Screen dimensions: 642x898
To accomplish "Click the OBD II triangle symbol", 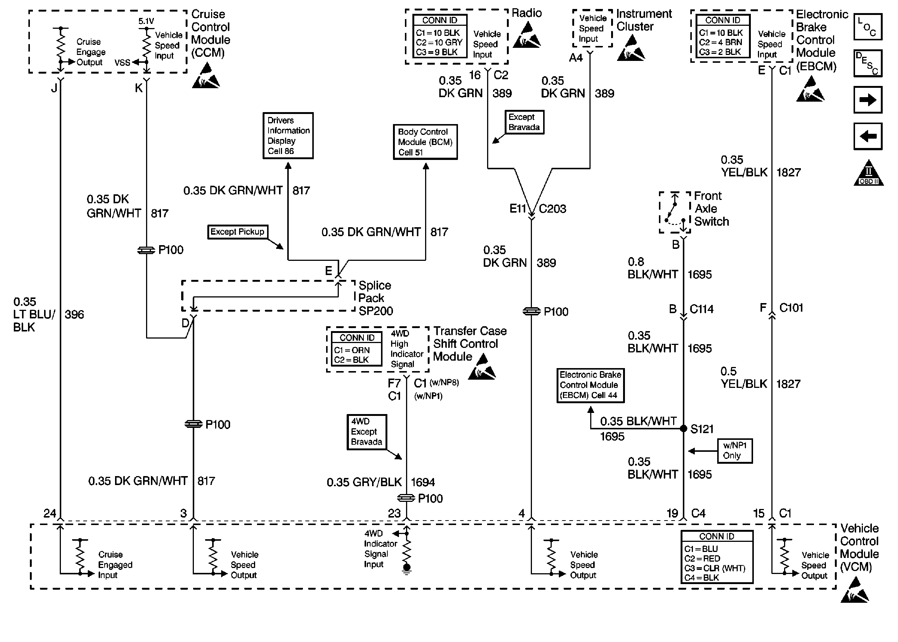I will [x=868, y=173].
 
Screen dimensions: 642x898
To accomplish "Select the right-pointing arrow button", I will [x=868, y=100].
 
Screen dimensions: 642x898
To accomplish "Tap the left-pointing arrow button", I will [x=868, y=136].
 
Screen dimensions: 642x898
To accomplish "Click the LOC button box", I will [x=868, y=27].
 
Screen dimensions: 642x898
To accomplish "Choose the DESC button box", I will [x=868, y=63].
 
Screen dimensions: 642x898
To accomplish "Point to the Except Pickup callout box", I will [x=238, y=232].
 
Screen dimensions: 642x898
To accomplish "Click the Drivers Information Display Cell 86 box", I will [x=288, y=136].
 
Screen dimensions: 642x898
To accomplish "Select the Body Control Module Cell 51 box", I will [x=425, y=142].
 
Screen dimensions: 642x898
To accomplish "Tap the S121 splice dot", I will [x=684, y=429].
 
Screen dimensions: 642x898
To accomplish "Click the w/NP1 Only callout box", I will [x=735, y=451].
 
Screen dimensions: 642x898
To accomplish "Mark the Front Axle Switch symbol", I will [x=675, y=213].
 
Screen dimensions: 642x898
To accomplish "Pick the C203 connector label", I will [x=552, y=209].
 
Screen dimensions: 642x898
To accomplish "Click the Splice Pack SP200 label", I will [x=375, y=298].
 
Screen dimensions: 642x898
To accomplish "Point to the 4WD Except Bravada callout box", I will [x=366, y=432].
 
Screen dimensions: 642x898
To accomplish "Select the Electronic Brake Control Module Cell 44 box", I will [x=590, y=385].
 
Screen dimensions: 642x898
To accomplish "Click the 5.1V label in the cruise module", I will [x=146, y=21].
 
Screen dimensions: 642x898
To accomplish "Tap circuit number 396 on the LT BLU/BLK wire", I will [x=74, y=315].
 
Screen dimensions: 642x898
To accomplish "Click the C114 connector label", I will [x=701, y=309].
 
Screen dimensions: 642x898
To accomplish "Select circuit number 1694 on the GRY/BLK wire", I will [x=423, y=482].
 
